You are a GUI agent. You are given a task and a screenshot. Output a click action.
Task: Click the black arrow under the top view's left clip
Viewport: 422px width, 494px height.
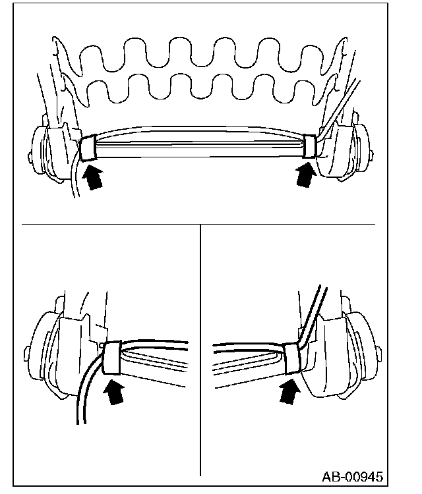[x=94, y=177]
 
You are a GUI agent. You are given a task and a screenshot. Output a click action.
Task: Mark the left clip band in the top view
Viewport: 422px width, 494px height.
[x=88, y=148]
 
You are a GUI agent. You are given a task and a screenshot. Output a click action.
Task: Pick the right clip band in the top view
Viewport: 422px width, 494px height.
[x=309, y=146]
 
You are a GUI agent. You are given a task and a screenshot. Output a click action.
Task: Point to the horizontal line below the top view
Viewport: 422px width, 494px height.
[x=198, y=224]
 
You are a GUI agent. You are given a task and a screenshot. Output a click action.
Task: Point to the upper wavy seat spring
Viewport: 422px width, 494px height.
[x=198, y=56]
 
